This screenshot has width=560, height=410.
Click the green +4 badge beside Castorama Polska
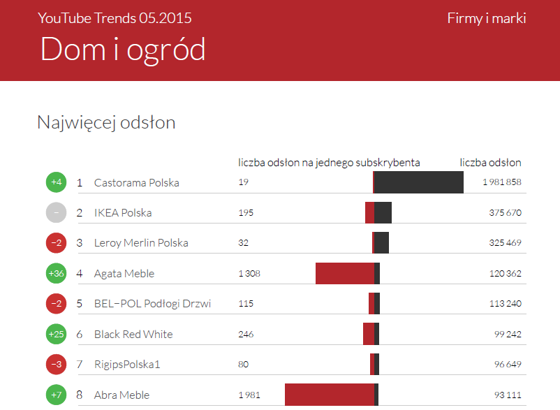pyautogui.click(x=57, y=182)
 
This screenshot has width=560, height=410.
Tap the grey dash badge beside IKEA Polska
pyautogui.click(x=57, y=212)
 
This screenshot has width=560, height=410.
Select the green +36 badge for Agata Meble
pyautogui.click(x=57, y=273)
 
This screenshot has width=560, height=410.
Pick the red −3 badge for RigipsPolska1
pyautogui.click(x=57, y=364)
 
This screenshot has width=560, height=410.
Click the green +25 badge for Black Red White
pyautogui.click(x=57, y=334)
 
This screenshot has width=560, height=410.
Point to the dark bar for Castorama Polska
pyautogui.click(x=419, y=182)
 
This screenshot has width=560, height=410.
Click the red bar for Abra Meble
pyautogui.click(x=330, y=395)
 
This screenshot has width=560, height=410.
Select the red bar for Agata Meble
pyautogui.click(x=345, y=273)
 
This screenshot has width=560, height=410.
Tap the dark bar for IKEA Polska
pyautogui.click(x=383, y=212)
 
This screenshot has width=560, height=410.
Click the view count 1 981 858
pyautogui.click(x=501, y=182)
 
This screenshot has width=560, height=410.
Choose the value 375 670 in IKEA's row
pyautogui.click(x=505, y=212)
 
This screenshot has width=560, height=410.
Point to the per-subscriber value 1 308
pyautogui.click(x=249, y=273)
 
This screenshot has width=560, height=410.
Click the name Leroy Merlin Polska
pyautogui.click(x=141, y=243)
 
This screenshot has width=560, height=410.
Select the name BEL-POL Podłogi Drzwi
pyautogui.click(x=152, y=304)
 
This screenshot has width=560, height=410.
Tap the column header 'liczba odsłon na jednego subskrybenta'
pyautogui.click(x=329, y=163)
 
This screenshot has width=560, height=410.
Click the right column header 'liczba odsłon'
pyautogui.click(x=490, y=163)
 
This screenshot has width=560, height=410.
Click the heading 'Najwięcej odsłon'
pyautogui.click(x=106, y=123)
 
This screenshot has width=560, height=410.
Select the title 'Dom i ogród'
pyautogui.click(x=123, y=50)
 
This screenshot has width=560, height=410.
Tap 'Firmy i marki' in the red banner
pyautogui.click(x=486, y=18)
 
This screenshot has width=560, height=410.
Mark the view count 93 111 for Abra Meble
pyautogui.click(x=508, y=395)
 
